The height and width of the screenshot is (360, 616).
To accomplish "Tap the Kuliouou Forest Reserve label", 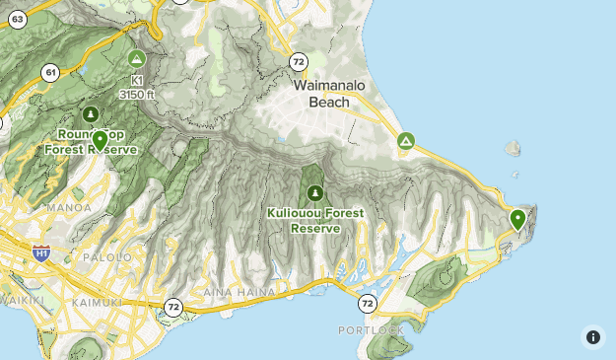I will [315, 220].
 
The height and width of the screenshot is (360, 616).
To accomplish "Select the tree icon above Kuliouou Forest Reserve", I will [315, 192].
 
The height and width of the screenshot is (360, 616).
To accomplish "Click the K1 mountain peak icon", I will [135, 58].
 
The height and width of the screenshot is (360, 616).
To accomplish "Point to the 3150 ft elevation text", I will [136, 94].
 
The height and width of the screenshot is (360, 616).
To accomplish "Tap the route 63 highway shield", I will [17, 19].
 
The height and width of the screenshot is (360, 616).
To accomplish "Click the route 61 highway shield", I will [50, 72].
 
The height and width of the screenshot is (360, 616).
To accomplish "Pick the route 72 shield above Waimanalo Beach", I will [299, 62].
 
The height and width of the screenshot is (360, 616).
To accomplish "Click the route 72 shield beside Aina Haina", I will [173, 307].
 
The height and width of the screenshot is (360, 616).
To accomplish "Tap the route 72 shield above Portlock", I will [367, 303].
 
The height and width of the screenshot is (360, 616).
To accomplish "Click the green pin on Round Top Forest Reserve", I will [100, 140].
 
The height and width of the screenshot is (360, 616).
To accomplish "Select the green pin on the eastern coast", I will [518, 219].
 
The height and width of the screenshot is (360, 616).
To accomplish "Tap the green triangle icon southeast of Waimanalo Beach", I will [405, 142].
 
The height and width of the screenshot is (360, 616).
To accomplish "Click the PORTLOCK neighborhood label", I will [370, 329].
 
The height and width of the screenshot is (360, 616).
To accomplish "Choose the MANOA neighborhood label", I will [69, 208].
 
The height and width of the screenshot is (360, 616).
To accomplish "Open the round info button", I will [592, 337].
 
